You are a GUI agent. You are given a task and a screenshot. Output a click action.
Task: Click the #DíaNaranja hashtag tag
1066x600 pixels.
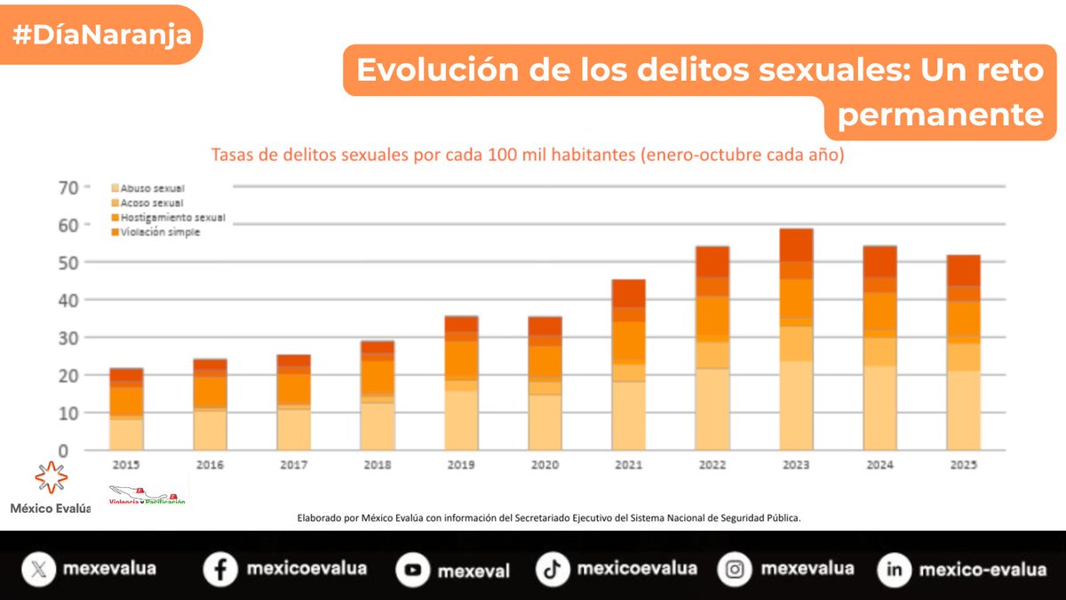pos(101,34)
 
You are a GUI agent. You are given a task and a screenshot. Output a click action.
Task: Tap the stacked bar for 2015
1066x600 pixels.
pos(126,409)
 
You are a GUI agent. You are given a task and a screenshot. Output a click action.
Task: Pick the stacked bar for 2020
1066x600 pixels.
pos(545,383)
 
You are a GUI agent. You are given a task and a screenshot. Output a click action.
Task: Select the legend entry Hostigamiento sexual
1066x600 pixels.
pos(167,218)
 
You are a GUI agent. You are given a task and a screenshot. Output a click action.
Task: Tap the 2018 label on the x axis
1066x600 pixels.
pos(377,465)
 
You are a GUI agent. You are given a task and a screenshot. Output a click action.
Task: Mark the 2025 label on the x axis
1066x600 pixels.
pos(963,465)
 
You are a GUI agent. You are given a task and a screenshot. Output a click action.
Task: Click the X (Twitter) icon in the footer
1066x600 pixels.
pos(36,569)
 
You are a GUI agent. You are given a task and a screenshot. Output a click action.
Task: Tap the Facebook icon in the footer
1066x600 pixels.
pos(219,569)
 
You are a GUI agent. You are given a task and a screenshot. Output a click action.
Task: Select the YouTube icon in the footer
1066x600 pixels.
pos(412,570)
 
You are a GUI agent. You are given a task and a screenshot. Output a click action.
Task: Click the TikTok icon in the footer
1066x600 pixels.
pos(553,570)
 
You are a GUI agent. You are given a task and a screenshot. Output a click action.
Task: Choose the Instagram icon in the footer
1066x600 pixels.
pos(735,570)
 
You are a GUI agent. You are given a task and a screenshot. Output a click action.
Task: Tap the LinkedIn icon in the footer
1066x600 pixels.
pos(894,570)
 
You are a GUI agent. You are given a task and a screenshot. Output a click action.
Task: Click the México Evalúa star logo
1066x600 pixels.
pos(51,477)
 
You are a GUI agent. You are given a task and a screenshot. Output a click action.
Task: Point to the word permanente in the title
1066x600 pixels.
pos(940,114)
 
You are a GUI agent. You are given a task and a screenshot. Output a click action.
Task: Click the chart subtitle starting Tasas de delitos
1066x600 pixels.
pos(527,155)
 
